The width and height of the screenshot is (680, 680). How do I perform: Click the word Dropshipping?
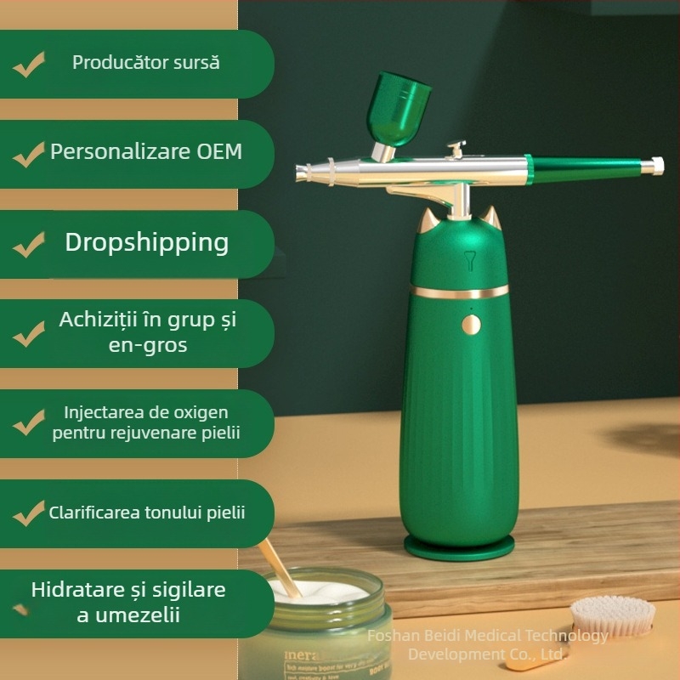147,242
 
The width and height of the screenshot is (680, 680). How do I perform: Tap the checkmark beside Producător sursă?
29,65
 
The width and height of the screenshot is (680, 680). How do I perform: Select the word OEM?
219,151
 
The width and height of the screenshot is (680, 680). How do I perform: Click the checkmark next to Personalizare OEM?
29,154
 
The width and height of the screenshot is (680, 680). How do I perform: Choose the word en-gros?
148,345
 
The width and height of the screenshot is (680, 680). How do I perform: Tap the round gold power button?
471,325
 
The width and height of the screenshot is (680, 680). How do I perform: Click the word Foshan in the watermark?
392,636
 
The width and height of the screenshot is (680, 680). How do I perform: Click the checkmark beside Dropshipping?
29,244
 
